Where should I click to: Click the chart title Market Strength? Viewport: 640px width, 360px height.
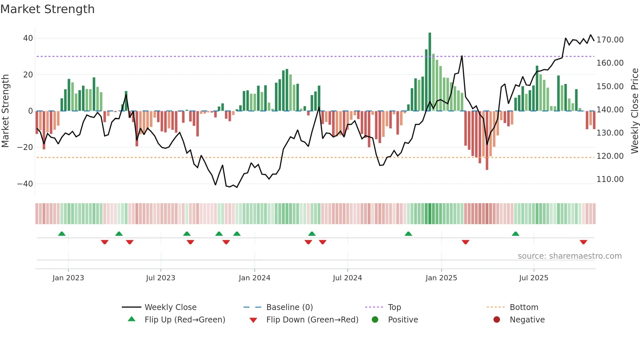click(47, 9)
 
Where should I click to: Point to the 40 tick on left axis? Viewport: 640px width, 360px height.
click(28, 38)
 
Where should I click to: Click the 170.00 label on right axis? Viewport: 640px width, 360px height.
click(610, 40)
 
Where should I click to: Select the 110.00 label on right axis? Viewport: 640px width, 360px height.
click(610, 179)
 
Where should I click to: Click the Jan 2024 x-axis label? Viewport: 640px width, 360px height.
click(254, 278)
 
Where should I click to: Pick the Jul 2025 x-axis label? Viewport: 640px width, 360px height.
click(534, 278)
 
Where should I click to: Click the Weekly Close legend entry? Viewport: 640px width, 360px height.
click(170, 307)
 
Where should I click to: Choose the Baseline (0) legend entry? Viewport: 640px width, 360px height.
click(289, 307)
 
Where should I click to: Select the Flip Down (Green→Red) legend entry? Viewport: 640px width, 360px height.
click(312, 320)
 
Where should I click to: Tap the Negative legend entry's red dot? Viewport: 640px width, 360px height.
click(497, 320)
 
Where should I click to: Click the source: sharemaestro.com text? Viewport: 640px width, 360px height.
click(569, 256)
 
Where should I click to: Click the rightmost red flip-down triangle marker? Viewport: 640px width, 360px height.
click(584, 242)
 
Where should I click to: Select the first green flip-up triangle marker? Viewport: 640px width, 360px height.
click(62, 234)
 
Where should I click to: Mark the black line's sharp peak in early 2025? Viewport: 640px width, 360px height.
click(462, 56)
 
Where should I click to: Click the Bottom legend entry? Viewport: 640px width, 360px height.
click(524, 307)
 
